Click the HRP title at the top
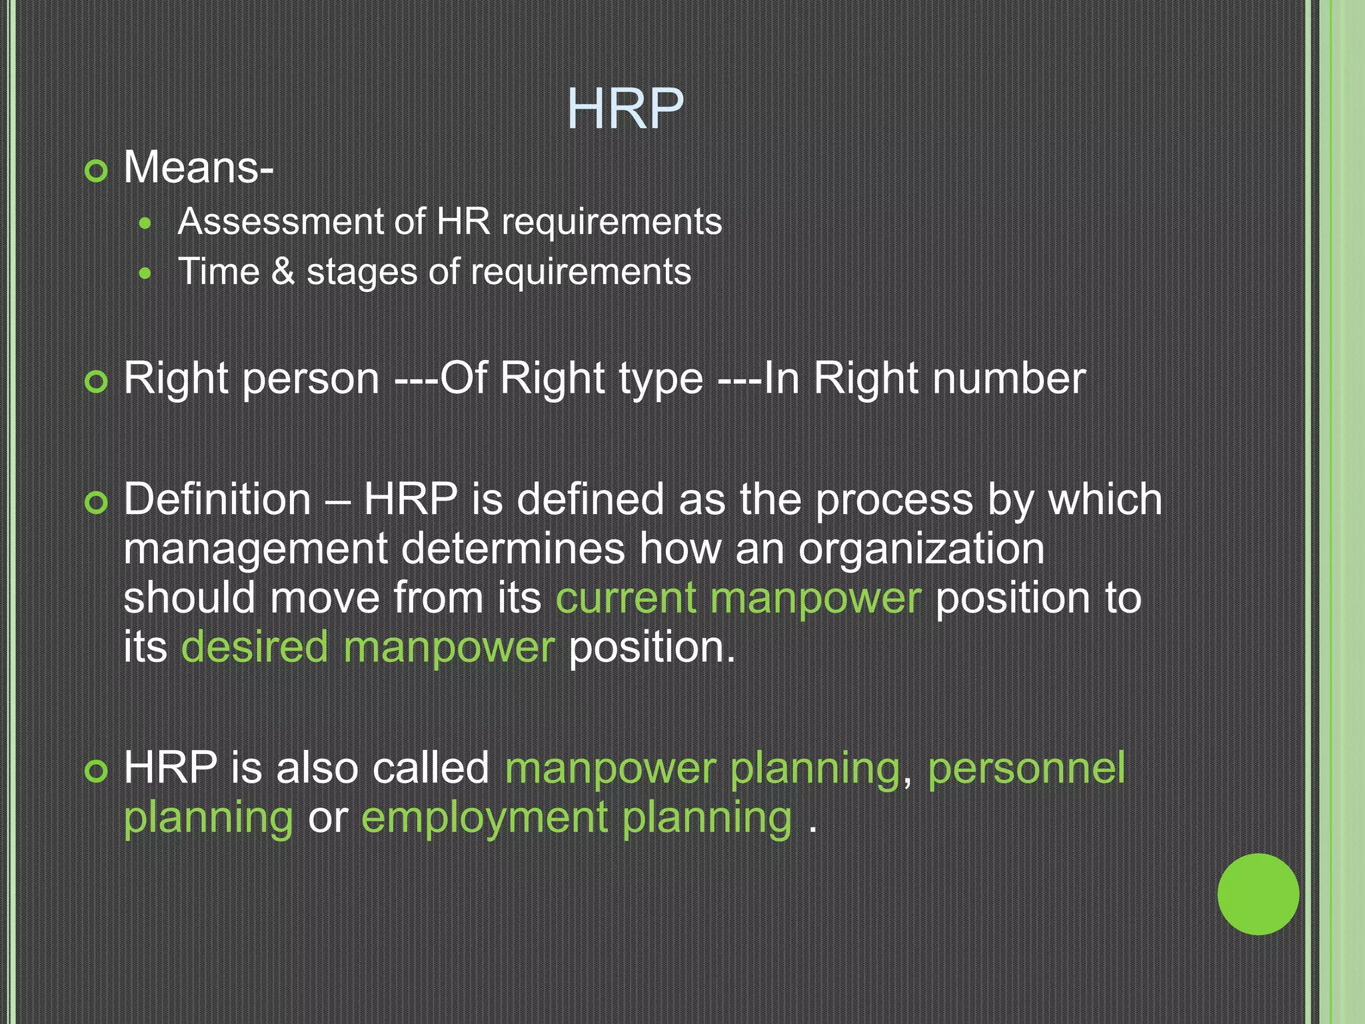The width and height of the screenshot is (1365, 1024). (x=625, y=109)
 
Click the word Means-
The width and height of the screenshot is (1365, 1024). (x=198, y=167)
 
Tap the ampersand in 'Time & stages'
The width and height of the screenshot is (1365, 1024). (x=283, y=272)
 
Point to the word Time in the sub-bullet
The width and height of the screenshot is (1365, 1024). (x=219, y=272)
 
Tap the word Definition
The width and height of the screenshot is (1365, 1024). (x=217, y=499)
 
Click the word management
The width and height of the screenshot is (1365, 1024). (x=256, y=549)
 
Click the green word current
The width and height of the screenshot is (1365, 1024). (x=626, y=598)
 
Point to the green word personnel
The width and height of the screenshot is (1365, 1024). (x=1026, y=768)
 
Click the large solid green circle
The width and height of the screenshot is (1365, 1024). (x=1258, y=894)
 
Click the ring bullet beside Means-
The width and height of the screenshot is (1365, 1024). (x=97, y=171)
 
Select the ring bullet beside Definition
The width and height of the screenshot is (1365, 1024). (x=97, y=503)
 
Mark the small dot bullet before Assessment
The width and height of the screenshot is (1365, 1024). (x=146, y=224)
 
